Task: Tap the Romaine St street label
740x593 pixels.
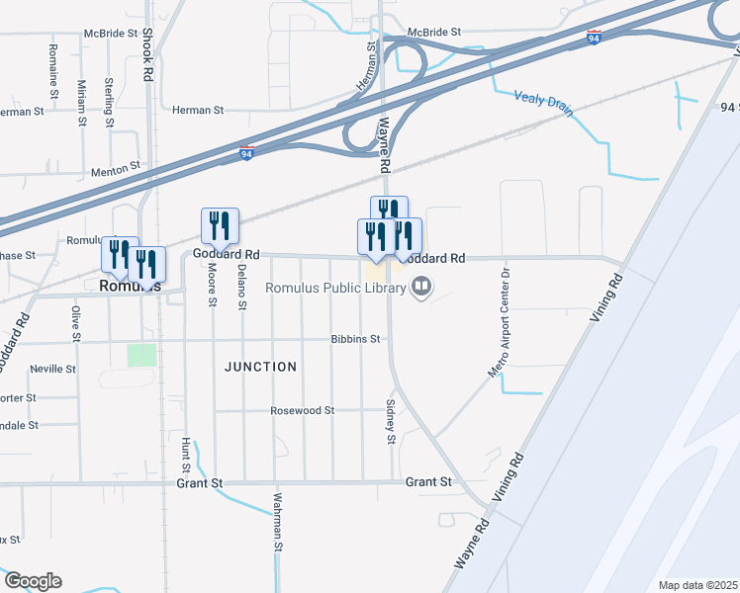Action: [x=52, y=65]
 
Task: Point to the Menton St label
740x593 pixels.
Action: [x=110, y=171]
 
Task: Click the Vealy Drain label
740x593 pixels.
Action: [x=542, y=103]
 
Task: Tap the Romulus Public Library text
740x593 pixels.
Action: [x=334, y=288]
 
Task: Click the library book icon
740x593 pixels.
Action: [x=421, y=288]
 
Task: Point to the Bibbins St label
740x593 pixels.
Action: [x=356, y=339]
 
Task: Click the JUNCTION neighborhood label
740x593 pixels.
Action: [x=260, y=367]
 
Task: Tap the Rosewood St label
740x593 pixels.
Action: [x=303, y=410]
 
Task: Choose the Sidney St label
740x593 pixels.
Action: [x=391, y=422]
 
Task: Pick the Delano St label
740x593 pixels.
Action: [x=241, y=287]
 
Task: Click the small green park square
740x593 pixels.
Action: [x=141, y=354]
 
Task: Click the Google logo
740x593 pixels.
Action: [x=33, y=581]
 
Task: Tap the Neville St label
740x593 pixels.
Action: [x=52, y=369]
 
